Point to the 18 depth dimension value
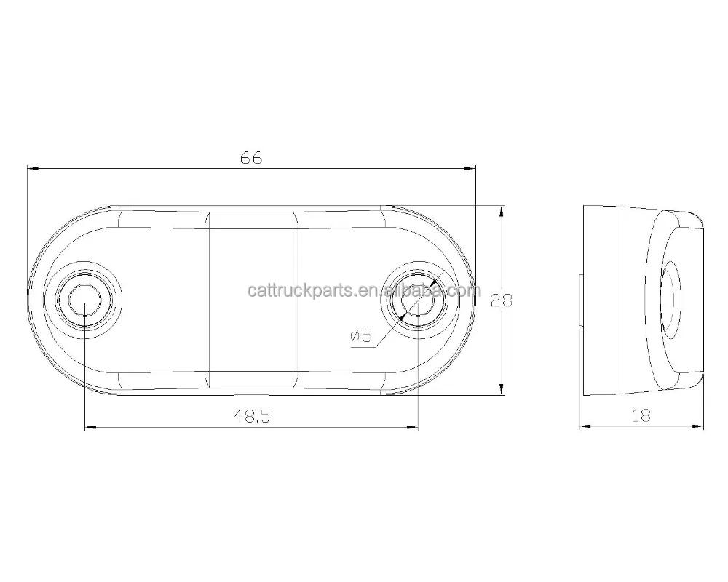pos(641,415)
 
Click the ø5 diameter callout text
pos(361,335)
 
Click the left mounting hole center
pos(86,300)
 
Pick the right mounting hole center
pos(418,300)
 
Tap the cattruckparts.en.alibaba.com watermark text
pos(364,291)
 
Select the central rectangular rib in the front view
pos(252,300)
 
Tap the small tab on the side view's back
pos(581,300)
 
